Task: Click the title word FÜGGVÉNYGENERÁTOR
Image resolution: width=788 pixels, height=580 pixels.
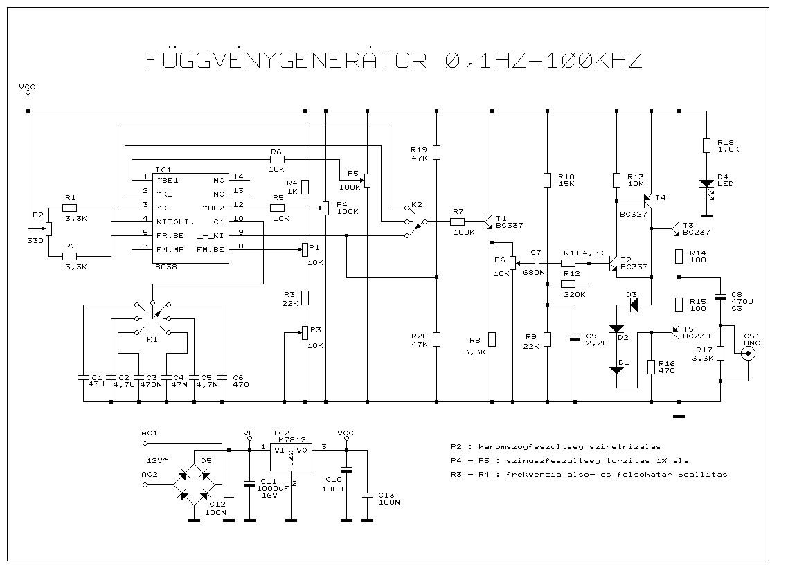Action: click(286, 60)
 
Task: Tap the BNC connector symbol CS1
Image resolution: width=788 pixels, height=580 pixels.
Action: click(749, 354)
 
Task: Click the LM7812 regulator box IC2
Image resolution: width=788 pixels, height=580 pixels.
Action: click(291, 457)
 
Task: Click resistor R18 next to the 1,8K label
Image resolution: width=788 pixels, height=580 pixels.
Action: click(706, 146)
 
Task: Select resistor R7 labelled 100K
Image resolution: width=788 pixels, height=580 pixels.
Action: click(457, 221)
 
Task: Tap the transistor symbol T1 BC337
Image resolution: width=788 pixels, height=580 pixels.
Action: click(488, 221)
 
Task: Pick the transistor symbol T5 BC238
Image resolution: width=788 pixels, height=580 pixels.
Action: click(675, 332)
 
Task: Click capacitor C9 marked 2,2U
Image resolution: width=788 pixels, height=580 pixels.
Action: click(575, 338)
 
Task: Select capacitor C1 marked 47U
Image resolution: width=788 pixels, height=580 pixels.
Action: click(83, 377)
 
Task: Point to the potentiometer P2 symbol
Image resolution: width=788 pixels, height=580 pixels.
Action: click(48, 228)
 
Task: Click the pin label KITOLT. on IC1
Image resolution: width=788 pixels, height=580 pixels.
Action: click(175, 221)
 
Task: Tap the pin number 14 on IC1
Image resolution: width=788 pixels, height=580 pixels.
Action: click(238, 176)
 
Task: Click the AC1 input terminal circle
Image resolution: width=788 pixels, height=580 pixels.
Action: click(145, 444)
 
